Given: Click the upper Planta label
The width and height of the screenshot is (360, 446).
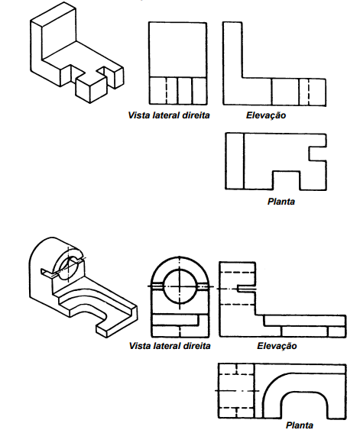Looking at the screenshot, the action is coord(281,202).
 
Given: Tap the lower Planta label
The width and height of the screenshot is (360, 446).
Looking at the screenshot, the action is coord(300,425).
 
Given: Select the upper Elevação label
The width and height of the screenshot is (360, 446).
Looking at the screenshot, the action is coord(266,115).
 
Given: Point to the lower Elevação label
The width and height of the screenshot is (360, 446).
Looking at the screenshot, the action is coord(277,346).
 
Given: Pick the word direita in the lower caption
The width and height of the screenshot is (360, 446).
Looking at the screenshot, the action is coord(197,346).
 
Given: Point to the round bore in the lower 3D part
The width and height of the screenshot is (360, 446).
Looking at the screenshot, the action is coord(68,267).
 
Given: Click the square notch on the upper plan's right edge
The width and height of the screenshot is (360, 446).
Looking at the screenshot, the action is coord(318,154).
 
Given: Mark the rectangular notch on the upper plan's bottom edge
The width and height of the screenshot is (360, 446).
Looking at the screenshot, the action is coord(287,180).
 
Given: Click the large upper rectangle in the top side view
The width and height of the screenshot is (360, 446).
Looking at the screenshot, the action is coord(178,50).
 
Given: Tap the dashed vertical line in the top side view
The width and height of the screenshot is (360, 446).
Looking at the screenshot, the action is coord(167,91).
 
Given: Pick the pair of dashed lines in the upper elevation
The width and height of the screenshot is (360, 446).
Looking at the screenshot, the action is coord(303,92).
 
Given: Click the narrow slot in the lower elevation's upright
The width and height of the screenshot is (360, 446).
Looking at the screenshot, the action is coord(246,289).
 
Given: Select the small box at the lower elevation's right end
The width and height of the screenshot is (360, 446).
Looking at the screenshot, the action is coord(336,331).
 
